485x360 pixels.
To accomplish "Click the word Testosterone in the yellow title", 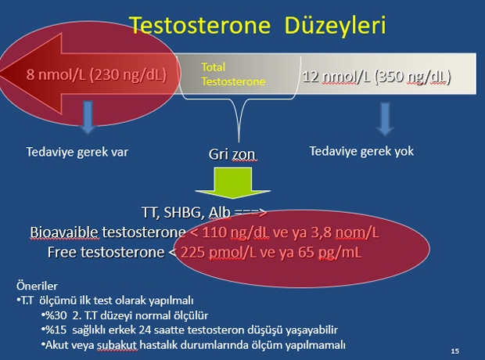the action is (199, 25).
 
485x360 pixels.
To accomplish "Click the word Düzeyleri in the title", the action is (336, 25).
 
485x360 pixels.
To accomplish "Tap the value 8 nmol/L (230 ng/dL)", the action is (96, 75).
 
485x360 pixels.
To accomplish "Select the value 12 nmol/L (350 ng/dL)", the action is (376, 77).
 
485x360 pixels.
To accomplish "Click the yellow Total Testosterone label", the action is (233, 74).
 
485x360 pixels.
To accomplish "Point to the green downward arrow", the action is (233, 182).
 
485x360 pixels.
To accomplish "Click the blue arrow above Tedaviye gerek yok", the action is (385, 119).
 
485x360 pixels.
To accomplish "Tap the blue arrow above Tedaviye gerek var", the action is (88, 117).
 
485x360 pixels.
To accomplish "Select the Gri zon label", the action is (232, 154).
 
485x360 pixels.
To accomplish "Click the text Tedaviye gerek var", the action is (77, 152).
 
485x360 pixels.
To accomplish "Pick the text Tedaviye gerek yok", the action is (361, 151).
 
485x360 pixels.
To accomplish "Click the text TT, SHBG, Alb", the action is (186, 212).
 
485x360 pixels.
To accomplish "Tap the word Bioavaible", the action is (64, 232).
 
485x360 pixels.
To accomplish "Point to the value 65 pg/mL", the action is (330, 253).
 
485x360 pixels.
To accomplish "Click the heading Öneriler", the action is (37, 286).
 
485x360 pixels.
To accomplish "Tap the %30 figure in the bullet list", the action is (56, 315).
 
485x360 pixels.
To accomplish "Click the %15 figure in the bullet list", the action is (56, 330).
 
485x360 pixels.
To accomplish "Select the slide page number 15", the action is (455, 351).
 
